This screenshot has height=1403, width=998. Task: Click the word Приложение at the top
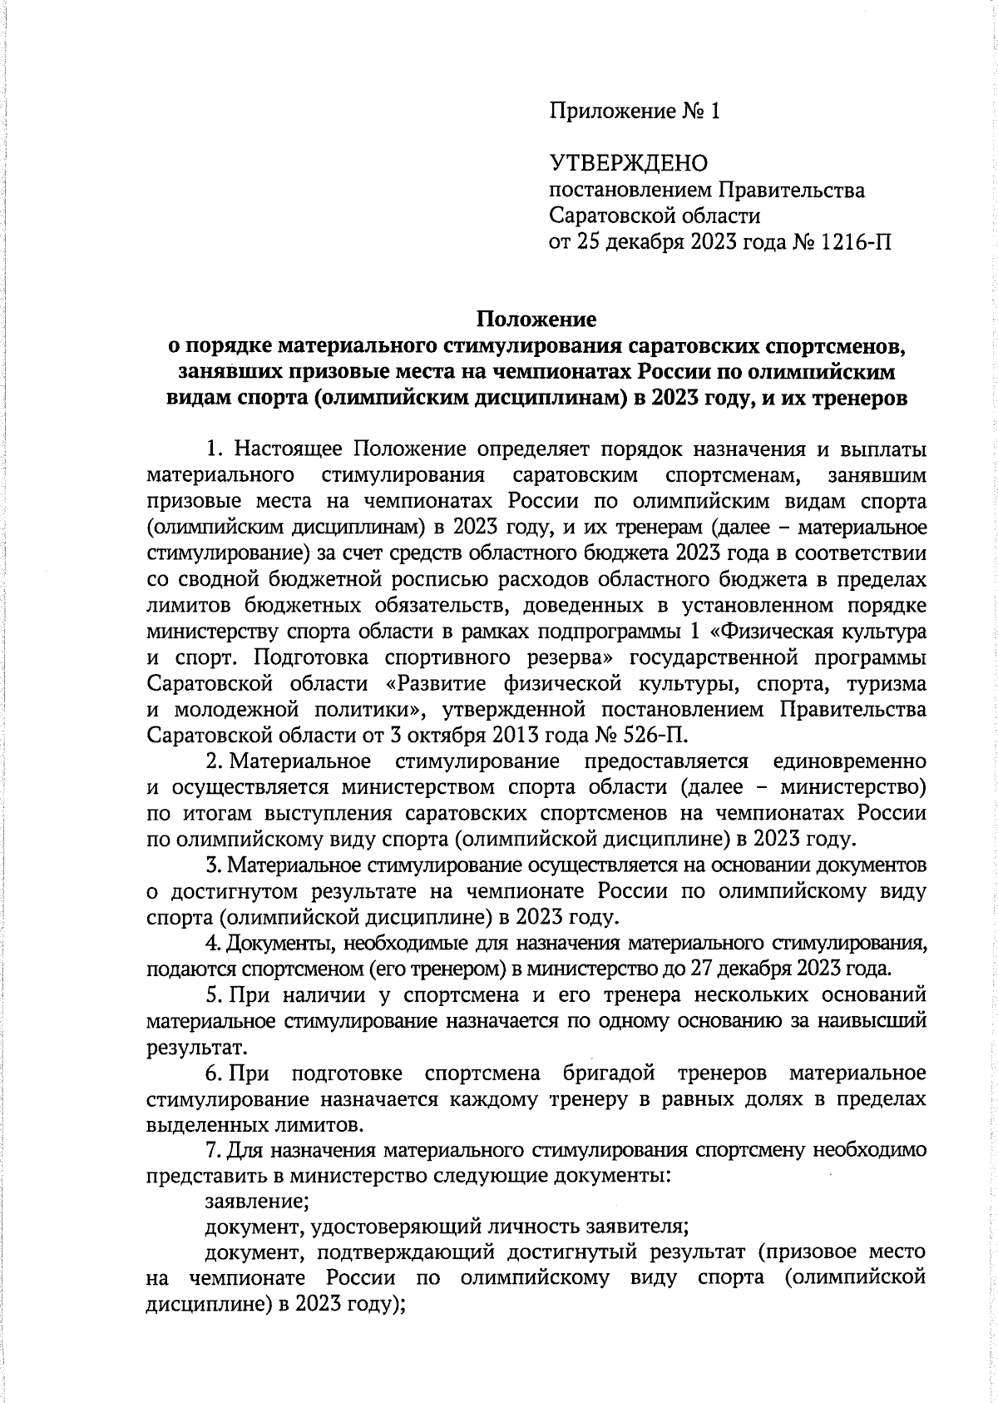point(611,112)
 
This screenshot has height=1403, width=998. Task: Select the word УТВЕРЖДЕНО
point(628,163)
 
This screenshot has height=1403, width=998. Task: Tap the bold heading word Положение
point(536,319)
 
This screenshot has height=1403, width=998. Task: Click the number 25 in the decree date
point(586,242)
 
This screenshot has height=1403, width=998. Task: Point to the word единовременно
point(850,761)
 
